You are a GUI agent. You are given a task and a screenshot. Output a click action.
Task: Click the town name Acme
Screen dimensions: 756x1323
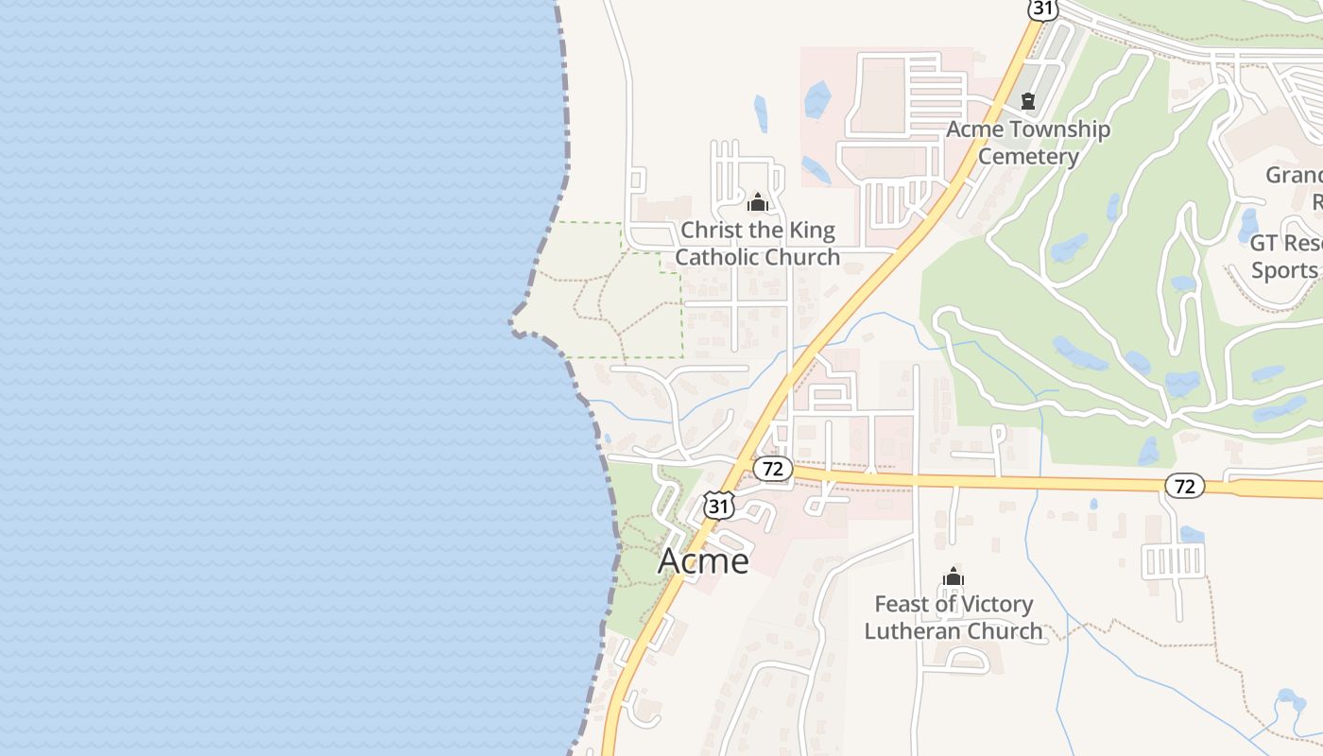[x=703, y=560]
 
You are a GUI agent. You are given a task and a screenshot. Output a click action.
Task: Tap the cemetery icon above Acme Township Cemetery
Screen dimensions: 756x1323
[x=1028, y=100]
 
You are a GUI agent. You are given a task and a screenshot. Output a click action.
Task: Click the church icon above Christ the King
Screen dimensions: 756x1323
[x=757, y=202]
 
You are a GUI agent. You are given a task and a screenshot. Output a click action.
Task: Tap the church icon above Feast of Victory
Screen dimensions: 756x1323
[x=954, y=576]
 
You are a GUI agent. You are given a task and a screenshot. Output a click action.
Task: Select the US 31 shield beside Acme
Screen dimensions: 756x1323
[x=719, y=506]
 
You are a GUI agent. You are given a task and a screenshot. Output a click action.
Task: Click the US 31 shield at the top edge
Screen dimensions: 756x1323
[x=1041, y=9]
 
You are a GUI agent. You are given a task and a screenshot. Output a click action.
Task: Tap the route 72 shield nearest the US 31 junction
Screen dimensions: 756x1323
[x=773, y=468]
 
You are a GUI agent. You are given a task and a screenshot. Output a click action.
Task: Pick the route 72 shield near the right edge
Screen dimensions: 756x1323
[x=1184, y=486]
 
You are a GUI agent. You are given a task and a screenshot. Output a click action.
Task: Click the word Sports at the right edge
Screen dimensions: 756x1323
[x=1285, y=270]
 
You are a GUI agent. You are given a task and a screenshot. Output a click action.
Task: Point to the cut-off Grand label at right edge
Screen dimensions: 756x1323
[x=1294, y=176]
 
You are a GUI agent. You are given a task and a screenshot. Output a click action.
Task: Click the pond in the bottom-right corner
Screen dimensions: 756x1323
[x=1289, y=701]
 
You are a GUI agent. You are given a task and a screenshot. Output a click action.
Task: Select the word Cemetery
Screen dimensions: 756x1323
[x=1028, y=156]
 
